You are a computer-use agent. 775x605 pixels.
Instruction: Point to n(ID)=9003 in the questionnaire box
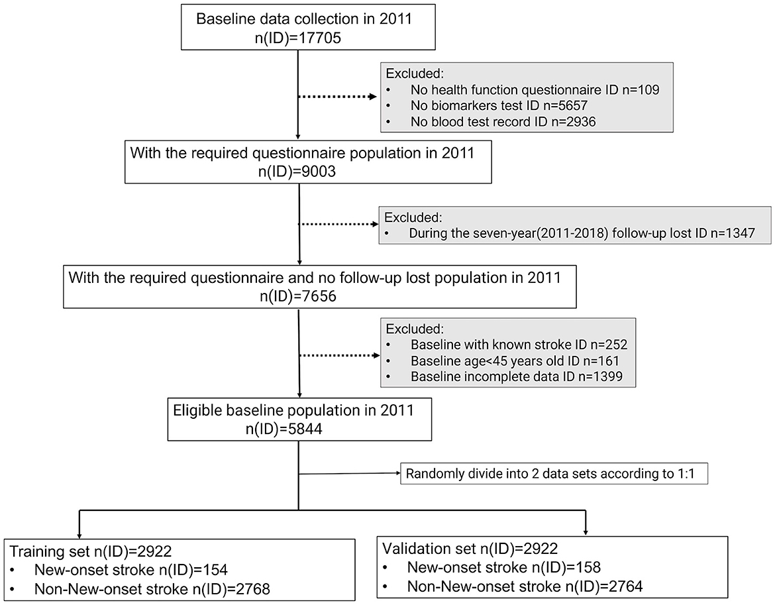click(307, 171)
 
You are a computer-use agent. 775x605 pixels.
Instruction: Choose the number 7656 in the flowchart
click(317, 296)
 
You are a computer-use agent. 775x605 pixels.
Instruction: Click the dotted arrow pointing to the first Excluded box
click(338, 97)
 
